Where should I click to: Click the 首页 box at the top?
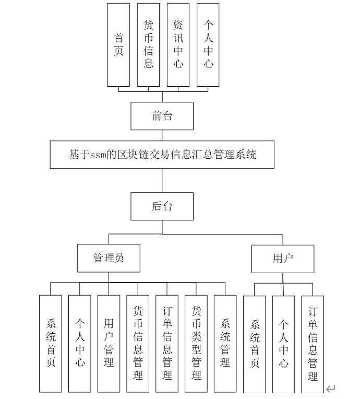[118, 44]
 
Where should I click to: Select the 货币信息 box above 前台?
[148, 44]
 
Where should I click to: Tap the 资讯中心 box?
[178, 44]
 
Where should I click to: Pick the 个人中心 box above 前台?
[208, 44]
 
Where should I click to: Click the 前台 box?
[162, 116]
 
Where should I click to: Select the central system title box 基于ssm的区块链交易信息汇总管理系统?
[162, 155]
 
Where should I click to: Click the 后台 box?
[162, 206]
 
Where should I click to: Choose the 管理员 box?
[109, 258]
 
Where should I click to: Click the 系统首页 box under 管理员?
[51, 344]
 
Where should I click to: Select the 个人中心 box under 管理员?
[80, 344]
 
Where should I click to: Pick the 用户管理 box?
[109, 344]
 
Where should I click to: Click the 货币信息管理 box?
[138, 344]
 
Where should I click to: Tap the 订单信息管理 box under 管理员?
[167, 344]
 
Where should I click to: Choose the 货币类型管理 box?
[196, 344]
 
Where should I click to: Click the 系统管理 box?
[225, 344]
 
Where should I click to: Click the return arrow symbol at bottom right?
[330, 389]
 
